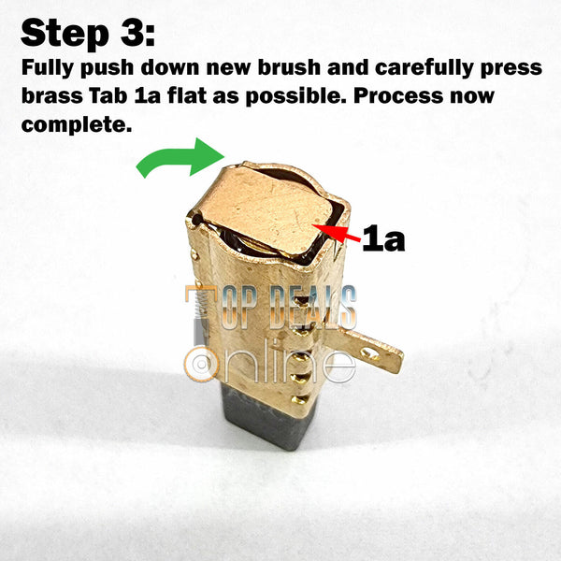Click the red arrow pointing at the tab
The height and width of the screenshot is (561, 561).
pyautogui.click(x=336, y=232)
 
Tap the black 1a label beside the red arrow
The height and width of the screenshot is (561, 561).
pyautogui.click(x=383, y=237)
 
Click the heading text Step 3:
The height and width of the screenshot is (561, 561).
pyautogui.click(x=89, y=33)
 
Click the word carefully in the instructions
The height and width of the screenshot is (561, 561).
pyautogui.click(x=424, y=68)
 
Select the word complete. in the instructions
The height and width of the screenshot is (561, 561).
pyautogui.click(x=77, y=125)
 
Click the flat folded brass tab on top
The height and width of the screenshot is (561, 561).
pyautogui.click(x=268, y=209)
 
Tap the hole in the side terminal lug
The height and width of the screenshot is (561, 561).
pyautogui.click(x=370, y=354)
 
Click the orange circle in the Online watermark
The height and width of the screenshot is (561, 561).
pyautogui.click(x=201, y=365)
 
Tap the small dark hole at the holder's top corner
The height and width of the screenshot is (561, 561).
pyautogui.click(x=196, y=219)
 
